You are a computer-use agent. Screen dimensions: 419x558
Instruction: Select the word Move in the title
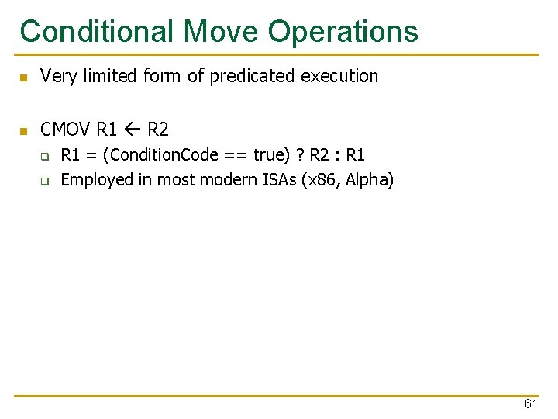click(x=222, y=31)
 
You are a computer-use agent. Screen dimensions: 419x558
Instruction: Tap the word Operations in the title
click(x=343, y=31)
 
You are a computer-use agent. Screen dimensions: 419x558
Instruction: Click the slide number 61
click(x=531, y=403)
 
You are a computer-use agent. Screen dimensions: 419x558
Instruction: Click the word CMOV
click(x=66, y=129)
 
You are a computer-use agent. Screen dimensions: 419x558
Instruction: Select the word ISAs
click(x=277, y=180)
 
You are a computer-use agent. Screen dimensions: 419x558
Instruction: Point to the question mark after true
click(x=298, y=155)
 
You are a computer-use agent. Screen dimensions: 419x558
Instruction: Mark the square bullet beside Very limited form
click(x=24, y=77)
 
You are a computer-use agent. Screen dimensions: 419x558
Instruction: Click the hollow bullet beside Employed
click(x=45, y=182)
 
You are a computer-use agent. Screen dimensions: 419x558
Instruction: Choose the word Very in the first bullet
click(x=57, y=76)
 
